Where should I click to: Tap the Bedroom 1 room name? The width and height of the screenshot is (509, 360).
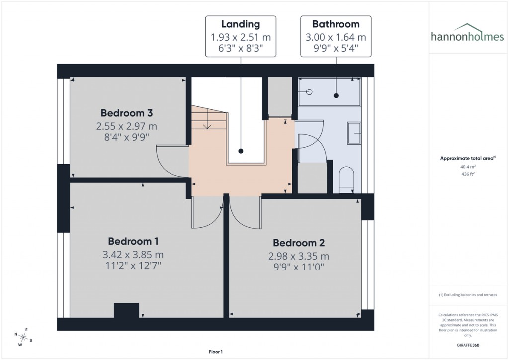tap(133, 241)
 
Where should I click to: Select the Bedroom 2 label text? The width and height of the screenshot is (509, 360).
tap(299, 243)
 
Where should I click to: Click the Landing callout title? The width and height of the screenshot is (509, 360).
tap(241, 24)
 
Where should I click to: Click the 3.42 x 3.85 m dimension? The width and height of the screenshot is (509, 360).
tap(133, 255)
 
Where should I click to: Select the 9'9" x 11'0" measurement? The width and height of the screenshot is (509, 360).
tap(299, 268)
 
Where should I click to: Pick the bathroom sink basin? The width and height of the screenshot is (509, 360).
tap(354, 133)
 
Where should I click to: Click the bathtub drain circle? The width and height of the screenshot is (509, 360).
tap(309, 92)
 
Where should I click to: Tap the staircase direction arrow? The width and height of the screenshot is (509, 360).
tap(207, 124)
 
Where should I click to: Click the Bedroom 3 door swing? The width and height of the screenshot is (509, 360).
tap(171, 160)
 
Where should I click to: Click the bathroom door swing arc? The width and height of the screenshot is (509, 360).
tap(311, 147)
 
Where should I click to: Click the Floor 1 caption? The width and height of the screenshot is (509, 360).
tap(216, 352)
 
